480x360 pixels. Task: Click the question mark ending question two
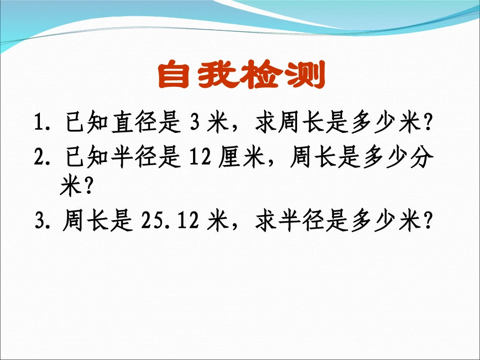click(x=88, y=188)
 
